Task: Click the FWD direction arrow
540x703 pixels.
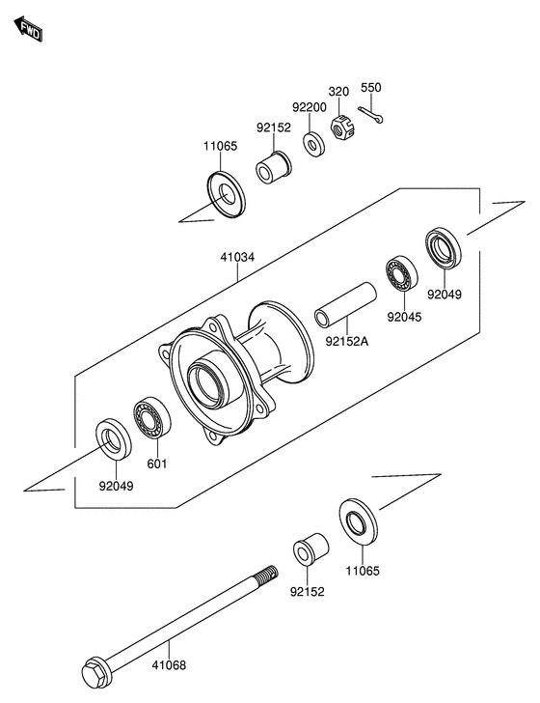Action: pos(28,29)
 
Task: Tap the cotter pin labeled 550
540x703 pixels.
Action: pos(370,115)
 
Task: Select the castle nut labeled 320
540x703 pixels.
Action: pos(339,127)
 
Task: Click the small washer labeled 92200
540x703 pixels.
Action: pos(313,145)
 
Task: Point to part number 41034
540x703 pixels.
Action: pos(237,257)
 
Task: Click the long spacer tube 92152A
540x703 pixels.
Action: pos(345,304)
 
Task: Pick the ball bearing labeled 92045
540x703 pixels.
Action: pos(402,273)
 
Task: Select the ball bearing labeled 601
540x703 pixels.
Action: pos(152,417)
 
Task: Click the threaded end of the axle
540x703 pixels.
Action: pos(267,573)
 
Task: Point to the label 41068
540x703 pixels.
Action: pos(169,665)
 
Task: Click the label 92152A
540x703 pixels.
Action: pos(346,342)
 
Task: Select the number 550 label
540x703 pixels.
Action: pos(370,88)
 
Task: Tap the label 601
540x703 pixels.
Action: pos(157,464)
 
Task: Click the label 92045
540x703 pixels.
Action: pos(404,317)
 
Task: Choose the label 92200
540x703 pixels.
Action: pos(310,107)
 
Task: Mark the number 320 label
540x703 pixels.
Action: pos(338,92)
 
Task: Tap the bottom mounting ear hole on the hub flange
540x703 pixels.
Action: pos(212,436)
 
